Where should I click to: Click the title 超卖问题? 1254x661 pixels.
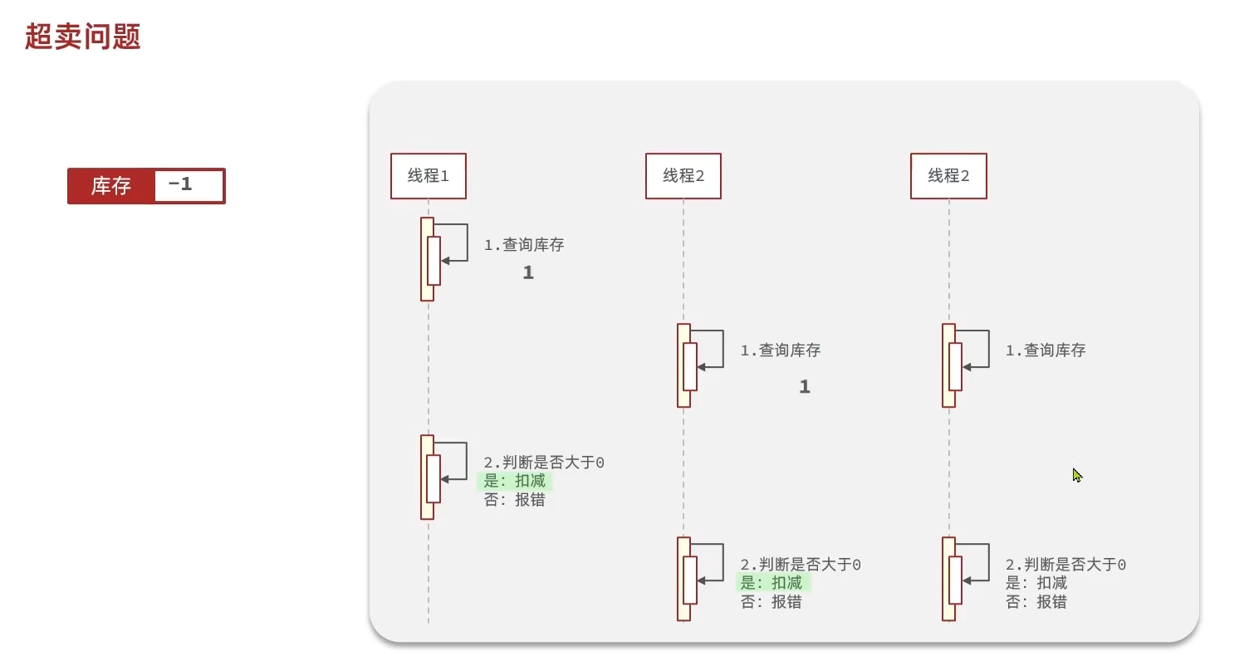(83, 37)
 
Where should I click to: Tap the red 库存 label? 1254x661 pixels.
(110, 186)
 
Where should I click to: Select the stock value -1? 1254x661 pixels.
(180, 185)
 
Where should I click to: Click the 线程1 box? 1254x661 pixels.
(428, 176)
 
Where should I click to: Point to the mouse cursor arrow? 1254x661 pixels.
(1076, 474)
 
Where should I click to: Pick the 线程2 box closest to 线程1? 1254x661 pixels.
(683, 176)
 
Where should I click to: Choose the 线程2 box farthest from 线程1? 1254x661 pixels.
(948, 176)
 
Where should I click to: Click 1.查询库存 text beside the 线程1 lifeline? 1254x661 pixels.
(524, 245)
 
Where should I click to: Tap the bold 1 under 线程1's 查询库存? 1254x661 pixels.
(528, 272)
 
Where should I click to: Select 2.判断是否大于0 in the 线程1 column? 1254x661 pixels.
(544, 463)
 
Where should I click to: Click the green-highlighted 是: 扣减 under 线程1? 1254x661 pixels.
(515, 482)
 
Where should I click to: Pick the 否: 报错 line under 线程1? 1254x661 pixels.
(515, 501)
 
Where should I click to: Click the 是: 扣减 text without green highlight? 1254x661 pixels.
(1036, 583)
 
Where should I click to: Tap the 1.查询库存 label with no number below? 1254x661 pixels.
(1046, 350)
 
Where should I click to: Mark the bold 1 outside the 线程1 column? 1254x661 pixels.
(804, 387)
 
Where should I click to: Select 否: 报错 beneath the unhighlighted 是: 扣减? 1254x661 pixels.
(1036, 602)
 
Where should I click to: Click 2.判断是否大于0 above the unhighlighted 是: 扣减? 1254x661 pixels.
(1065, 565)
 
